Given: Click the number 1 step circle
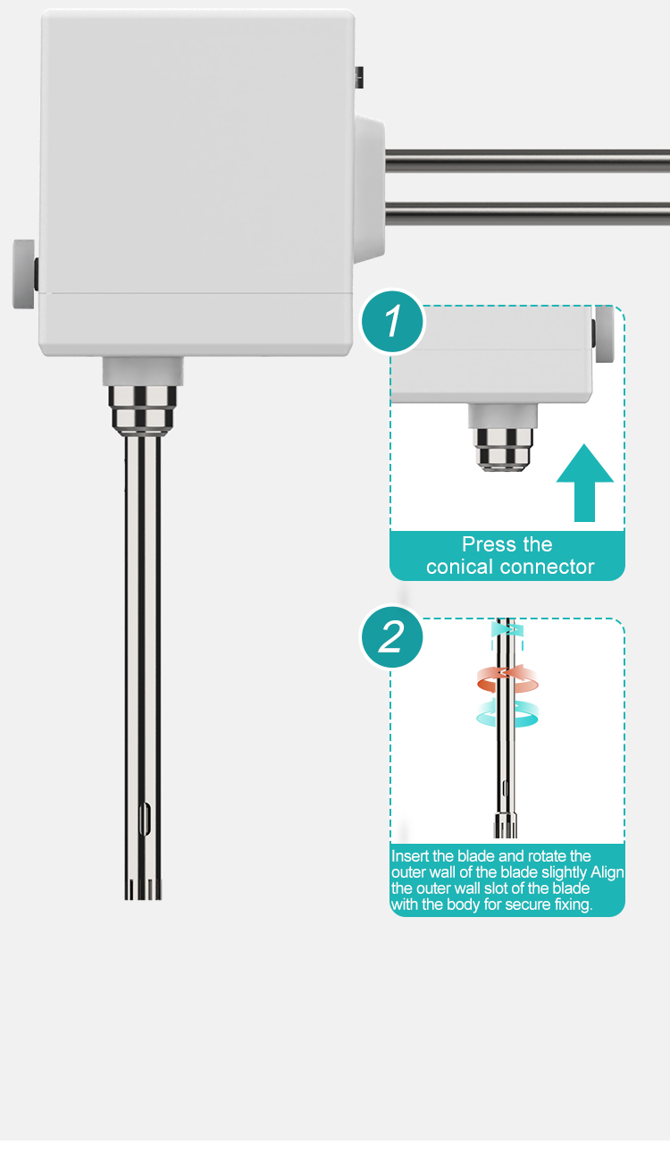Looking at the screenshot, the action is click(393, 322).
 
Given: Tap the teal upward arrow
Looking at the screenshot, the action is click(584, 483).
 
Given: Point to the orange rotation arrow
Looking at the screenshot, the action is click(508, 678).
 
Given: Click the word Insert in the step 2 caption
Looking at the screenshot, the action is click(410, 856).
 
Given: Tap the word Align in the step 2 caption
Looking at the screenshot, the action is click(607, 873).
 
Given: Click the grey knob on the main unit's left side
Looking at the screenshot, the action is click(23, 274).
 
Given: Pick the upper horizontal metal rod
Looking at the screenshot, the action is click(527, 161).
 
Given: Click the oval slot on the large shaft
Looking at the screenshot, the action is click(145, 818).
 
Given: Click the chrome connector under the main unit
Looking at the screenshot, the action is click(143, 410).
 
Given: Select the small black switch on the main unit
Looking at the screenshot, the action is click(359, 77).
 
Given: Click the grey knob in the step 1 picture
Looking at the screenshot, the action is click(604, 334).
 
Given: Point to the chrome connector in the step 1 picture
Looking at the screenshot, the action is click(503, 450).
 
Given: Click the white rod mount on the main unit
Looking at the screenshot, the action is click(370, 189).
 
